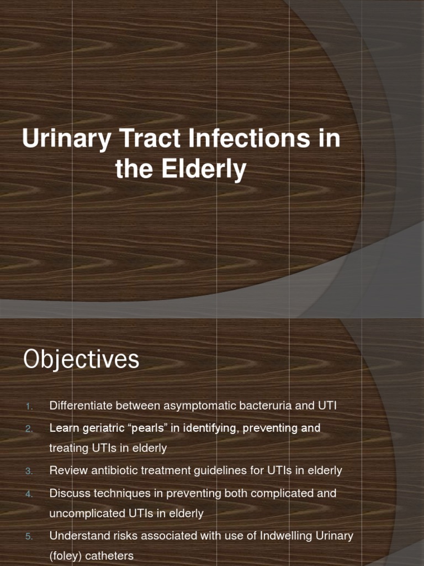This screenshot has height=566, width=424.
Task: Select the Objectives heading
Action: (x=81, y=360)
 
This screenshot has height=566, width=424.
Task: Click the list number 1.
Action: (x=29, y=406)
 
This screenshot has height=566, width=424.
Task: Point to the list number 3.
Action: (x=29, y=471)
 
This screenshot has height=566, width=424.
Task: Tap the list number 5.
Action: (x=29, y=536)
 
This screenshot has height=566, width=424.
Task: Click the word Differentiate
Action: (x=80, y=406)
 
